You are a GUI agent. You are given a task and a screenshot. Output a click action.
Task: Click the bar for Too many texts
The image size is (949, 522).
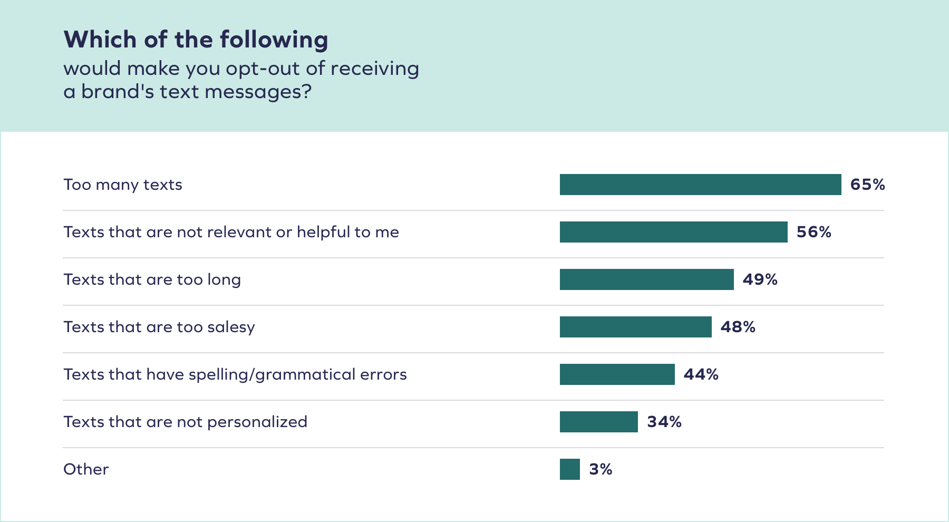point(700,185)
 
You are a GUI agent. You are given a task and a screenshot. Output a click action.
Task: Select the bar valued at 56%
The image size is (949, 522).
point(673,232)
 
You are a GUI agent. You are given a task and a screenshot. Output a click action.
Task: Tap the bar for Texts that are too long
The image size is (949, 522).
point(646,279)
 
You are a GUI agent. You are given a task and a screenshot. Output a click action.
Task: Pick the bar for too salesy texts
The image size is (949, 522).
point(635,327)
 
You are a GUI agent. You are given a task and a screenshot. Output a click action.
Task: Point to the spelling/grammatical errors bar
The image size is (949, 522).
point(617,374)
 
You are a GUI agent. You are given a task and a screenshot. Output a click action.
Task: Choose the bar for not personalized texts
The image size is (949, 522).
point(598,422)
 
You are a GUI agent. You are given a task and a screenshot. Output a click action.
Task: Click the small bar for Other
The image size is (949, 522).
point(569,469)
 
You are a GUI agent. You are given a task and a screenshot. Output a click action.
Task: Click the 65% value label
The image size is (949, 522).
point(867,185)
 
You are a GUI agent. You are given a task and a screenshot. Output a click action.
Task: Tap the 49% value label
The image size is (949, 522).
point(760,279)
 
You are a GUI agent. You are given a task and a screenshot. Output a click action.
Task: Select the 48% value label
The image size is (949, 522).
point(738,327)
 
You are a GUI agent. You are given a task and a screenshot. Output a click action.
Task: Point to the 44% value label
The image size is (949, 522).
point(701,374)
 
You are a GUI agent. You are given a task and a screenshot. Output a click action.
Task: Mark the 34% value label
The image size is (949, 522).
point(664,422)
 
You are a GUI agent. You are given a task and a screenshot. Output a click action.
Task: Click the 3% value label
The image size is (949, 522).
point(601,469)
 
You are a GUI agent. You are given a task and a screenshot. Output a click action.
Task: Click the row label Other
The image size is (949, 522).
point(86,469)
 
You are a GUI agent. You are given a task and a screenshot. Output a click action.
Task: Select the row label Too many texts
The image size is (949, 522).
point(123,185)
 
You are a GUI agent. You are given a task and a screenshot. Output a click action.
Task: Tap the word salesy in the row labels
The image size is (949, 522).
point(231,327)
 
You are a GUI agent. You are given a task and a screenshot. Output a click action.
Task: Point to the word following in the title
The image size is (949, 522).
point(274,40)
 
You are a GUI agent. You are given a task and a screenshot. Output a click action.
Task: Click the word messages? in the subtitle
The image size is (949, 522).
point(258,92)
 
